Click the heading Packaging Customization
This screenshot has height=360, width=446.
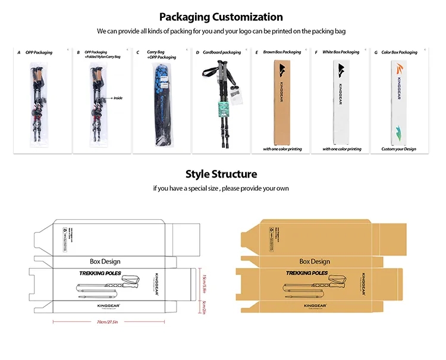pyautogui.click(x=221, y=17)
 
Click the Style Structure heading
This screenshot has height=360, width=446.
pyautogui.click(x=221, y=174)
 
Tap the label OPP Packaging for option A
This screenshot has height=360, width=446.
pyautogui.click(x=39, y=53)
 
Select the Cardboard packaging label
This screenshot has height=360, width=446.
pyautogui.click(x=222, y=53)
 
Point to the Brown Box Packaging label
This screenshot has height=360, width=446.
pyautogui.click(x=282, y=52)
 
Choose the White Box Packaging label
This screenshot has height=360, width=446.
pyautogui.click(x=341, y=52)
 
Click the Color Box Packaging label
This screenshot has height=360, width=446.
pyautogui.click(x=399, y=53)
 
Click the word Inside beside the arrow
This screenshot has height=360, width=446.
pyautogui.click(x=118, y=98)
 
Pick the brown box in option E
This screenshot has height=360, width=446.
pyautogui.click(x=279, y=101)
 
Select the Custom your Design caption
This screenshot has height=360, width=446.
pyautogui.click(x=398, y=149)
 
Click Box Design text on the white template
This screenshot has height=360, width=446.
pyautogui.click(x=105, y=261)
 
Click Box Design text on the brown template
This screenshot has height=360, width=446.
pyautogui.click(x=315, y=261)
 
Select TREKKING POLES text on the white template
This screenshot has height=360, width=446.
pyautogui.click(x=100, y=273)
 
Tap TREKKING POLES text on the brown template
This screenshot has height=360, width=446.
pyautogui.click(x=307, y=273)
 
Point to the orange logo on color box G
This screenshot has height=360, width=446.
pyautogui.click(x=398, y=71)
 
